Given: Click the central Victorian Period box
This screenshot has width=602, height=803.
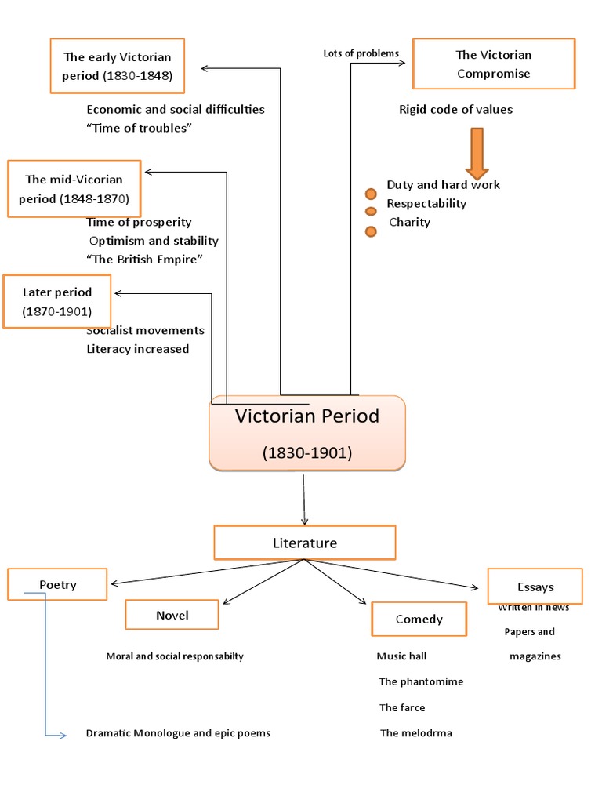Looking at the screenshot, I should click(x=306, y=433).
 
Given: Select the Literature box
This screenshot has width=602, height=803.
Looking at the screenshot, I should click(x=305, y=543).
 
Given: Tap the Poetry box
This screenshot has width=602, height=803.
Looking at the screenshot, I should click(x=57, y=584).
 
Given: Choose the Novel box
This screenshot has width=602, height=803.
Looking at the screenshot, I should click(x=172, y=615).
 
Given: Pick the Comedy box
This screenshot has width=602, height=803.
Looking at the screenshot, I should click(x=419, y=619).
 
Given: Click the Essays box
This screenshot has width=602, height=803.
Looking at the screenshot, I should click(x=535, y=586).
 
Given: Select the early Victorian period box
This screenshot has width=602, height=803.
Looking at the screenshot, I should click(x=117, y=67).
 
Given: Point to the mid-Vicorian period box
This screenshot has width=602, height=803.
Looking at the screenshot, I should click(x=74, y=189).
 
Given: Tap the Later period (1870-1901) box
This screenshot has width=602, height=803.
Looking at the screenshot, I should click(x=57, y=301).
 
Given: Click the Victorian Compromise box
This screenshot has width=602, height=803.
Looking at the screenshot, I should click(x=493, y=64).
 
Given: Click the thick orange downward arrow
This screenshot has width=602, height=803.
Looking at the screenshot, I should click(x=477, y=152).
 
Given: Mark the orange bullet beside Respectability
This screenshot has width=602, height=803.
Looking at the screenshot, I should click(x=371, y=211).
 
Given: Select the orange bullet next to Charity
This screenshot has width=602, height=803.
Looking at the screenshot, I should click(x=371, y=231).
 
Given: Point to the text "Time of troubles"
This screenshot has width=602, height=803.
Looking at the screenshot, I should click(x=139, y=128).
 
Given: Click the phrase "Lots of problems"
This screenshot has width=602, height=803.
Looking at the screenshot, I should click(x=361, y=53).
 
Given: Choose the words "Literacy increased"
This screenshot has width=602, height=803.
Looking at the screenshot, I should click(x=137, y=349).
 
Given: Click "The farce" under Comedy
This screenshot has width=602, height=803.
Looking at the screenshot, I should click(x=402, y=707).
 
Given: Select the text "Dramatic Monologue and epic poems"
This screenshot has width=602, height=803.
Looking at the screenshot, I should click(x=178, y=733).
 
